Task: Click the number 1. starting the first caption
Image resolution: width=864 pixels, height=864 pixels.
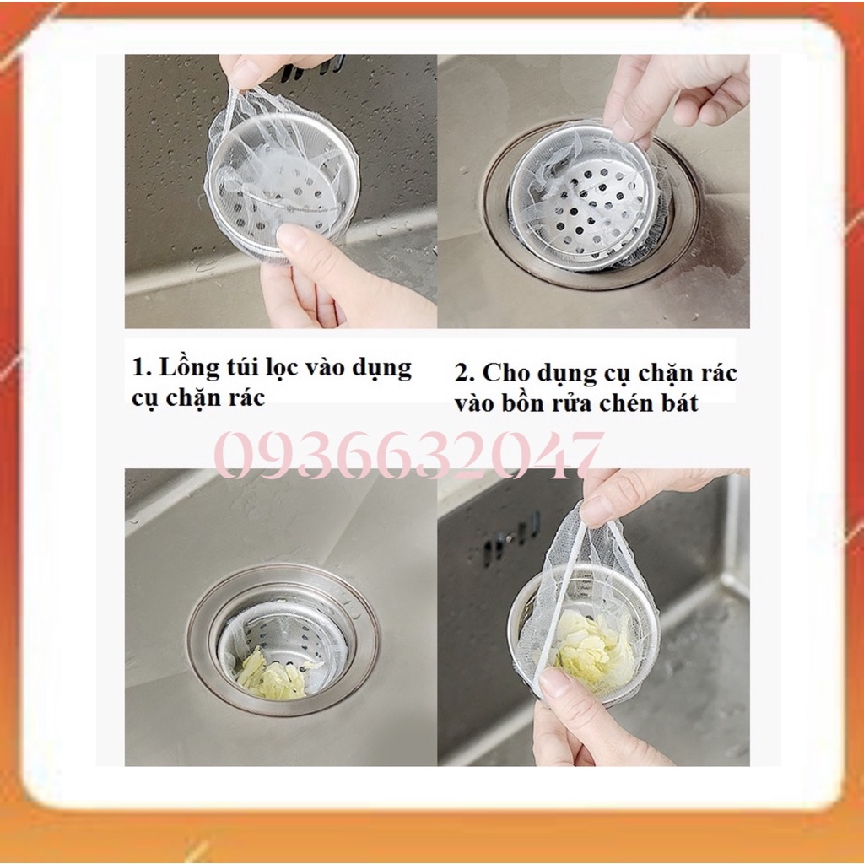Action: tap(142, 368)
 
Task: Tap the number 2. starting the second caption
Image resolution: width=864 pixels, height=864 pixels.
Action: tap(464, 374)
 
